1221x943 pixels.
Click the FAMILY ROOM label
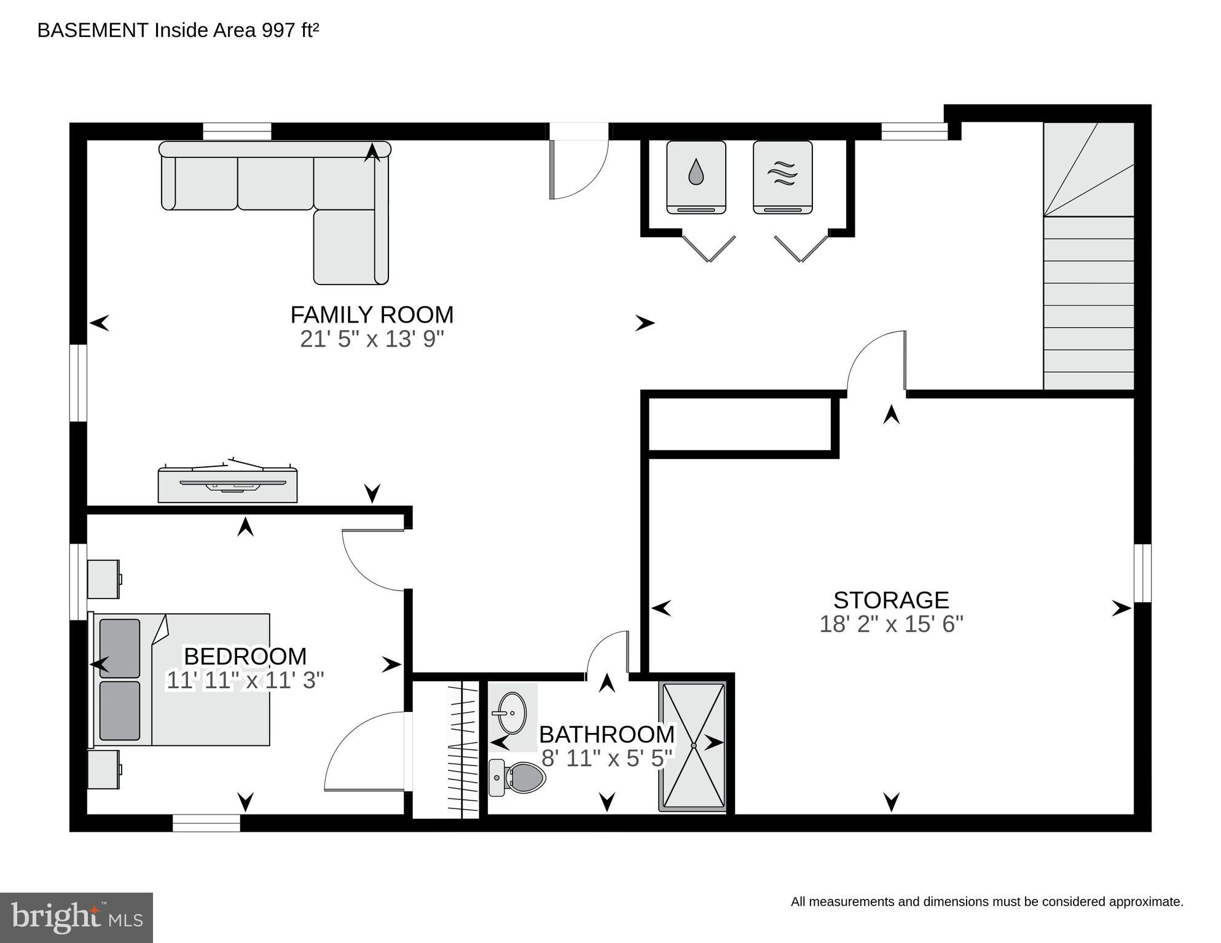tap(372, 315)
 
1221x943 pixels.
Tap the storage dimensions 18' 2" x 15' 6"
tap(891, 624)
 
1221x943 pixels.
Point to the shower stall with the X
tap(693, 745)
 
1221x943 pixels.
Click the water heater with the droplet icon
tap(696, 177)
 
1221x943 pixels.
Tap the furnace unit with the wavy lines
tap(782, 177)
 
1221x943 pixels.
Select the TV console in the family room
tap(227, 485)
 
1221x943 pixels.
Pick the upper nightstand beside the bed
tap(103, 579)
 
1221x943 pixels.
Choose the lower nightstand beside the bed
tap(103, 769)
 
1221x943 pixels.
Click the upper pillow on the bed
tap(119, 648)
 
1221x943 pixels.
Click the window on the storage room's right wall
tap(1142, 573)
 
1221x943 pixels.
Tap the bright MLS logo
tap(76, 917)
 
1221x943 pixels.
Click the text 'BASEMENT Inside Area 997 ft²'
tap(178, 30)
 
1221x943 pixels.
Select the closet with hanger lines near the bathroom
tap(446, 749)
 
